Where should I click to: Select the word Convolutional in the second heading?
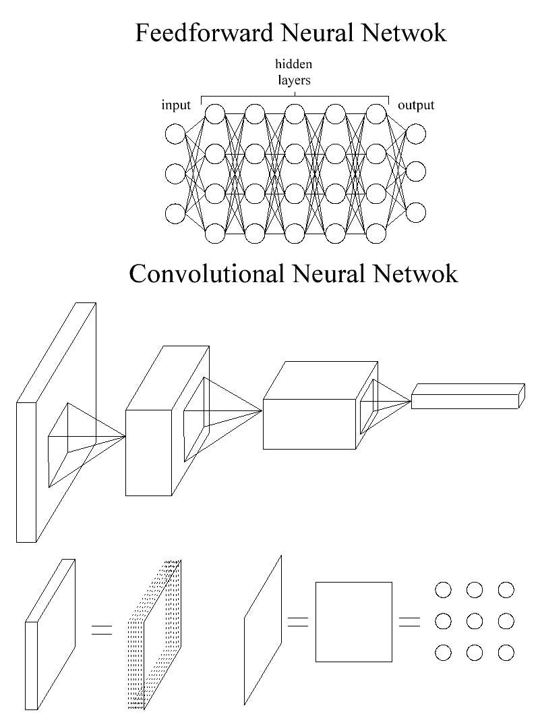(x=207, y=273)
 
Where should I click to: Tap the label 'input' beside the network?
(x=176, y=105)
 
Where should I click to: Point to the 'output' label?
(x=416, y=105)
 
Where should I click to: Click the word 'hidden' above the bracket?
(x=294, y=65)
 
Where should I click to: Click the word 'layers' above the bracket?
(x=294, y=80)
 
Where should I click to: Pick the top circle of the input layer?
(x=175, y=134)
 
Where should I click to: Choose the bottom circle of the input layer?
(x=175, y=213)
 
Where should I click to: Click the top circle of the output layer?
(x=416, y=134)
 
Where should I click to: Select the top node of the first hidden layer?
(x=214, y=114)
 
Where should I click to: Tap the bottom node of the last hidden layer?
(x=375, y=234)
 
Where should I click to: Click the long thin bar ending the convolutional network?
(x=467, y=396)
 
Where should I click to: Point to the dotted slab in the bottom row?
(x=155, y=635)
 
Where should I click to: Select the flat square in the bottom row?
(x=354, y=622)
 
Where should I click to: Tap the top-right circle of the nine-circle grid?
(x=506, y=590)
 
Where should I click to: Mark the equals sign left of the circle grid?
(x=409, y=622)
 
